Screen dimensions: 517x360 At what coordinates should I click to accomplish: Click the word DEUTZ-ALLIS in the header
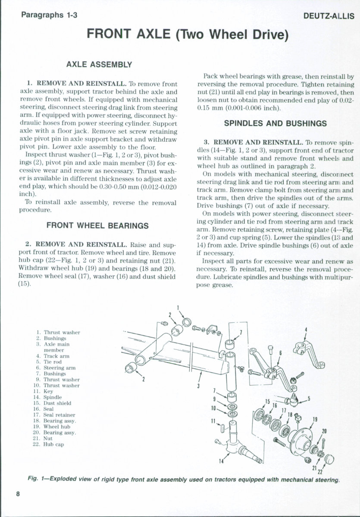coord(329,16)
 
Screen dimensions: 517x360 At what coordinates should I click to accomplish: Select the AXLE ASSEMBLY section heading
coord(99,65)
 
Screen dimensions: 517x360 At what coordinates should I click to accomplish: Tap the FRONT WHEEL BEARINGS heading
coord(97,225)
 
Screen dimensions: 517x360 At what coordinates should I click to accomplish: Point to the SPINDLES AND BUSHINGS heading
coord(275,123)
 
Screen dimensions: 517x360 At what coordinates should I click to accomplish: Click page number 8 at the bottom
coord(18,494)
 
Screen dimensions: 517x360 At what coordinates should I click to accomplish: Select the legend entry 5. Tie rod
coord(52,362)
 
